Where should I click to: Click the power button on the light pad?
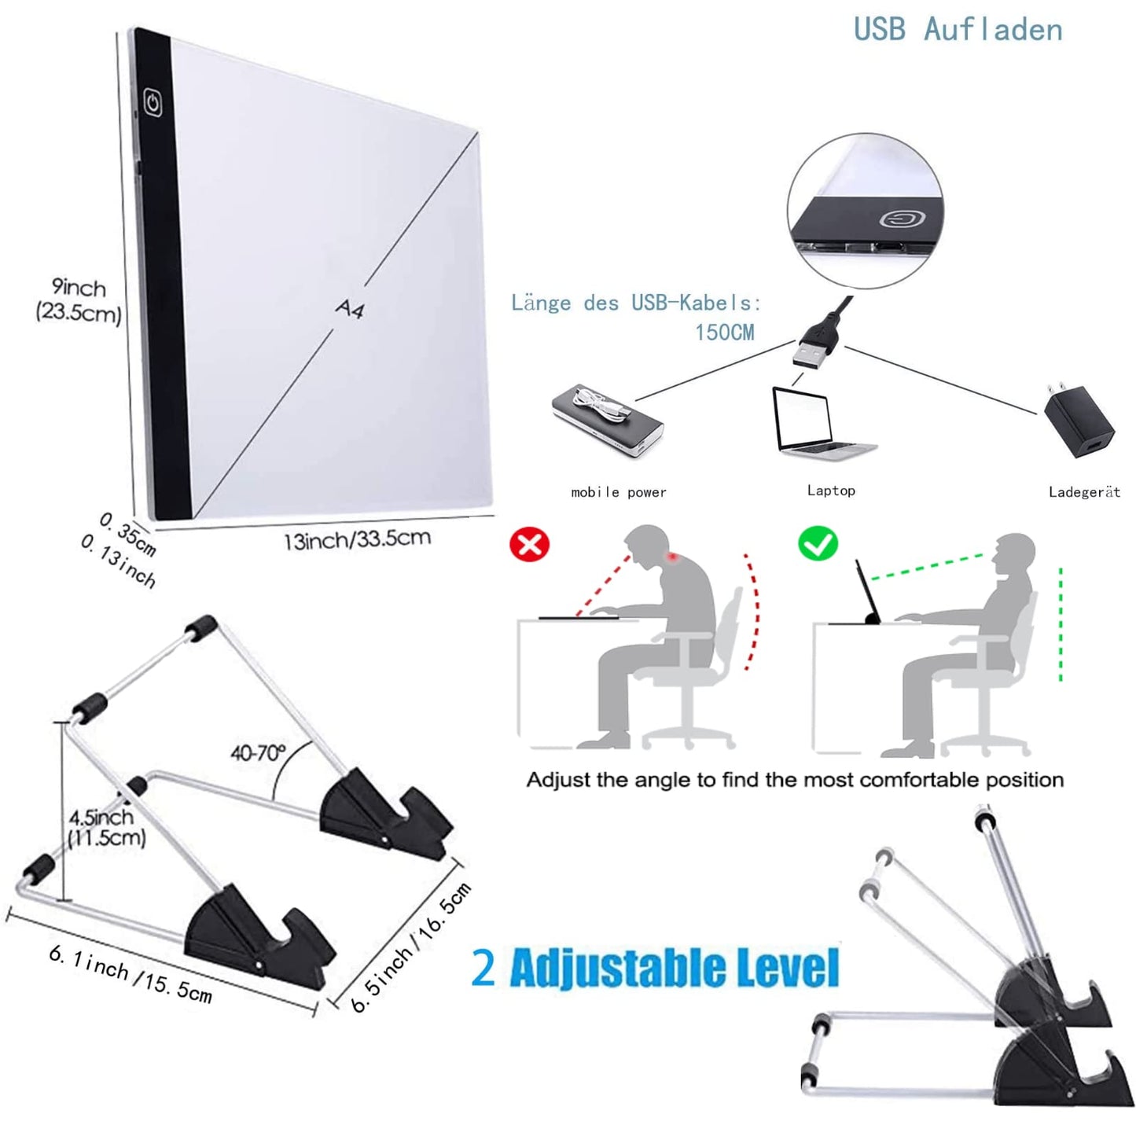coord(153,102)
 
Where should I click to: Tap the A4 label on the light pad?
coord(350,309)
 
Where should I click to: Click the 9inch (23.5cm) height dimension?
coord(79,300)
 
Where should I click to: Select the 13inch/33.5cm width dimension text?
coord(357,539)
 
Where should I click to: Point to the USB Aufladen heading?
coord(958,30)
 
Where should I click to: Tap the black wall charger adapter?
coord(1079,420)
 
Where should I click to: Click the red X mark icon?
coord(530,544)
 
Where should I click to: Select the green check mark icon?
coord(818,543)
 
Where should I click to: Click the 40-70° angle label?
coord(258,753)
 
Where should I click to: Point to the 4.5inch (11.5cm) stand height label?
coord(105,827)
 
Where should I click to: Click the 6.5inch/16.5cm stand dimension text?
coord(411,948)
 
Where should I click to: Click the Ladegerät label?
coord(1083,492)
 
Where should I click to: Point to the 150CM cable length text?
coord(724,333)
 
